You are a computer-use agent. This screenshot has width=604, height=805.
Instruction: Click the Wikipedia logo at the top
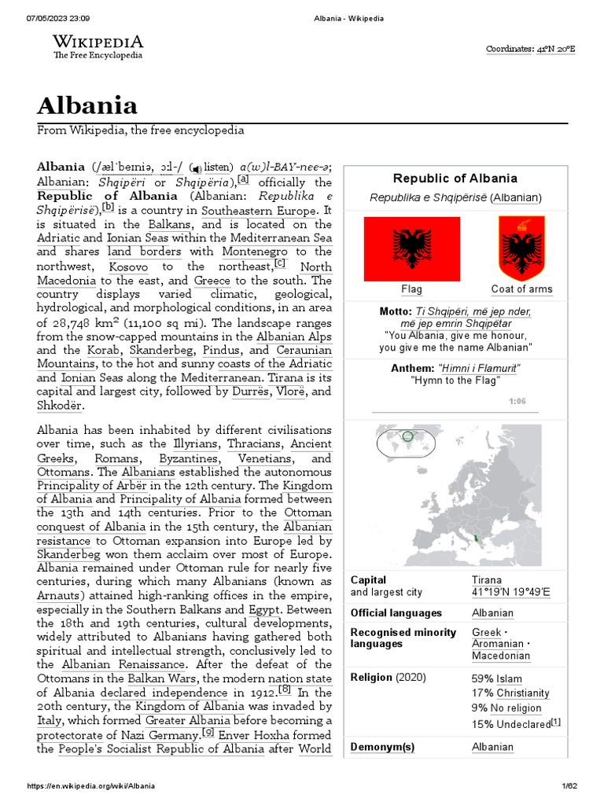tap(98, 46)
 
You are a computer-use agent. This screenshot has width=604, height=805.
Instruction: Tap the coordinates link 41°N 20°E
tap(555, 49)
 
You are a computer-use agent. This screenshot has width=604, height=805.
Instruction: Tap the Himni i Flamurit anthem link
tap(480, 369)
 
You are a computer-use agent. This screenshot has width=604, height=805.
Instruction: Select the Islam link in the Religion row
tap(508, 678)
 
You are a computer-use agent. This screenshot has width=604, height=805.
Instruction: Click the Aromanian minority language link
tap(498, 644)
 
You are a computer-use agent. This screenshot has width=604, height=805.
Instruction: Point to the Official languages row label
tap(396, 613)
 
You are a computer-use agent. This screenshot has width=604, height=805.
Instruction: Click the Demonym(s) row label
tap(383, 747)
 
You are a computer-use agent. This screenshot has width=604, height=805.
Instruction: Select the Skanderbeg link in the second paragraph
tap(71, 554)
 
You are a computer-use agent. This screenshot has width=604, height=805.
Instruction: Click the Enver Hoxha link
tap(253, 734)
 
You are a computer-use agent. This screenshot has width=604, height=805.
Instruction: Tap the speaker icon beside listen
tap(197, 167)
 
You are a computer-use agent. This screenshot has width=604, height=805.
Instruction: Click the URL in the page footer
tap(90, 786)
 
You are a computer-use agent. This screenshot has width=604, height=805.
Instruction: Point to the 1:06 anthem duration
tap(517, 401)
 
